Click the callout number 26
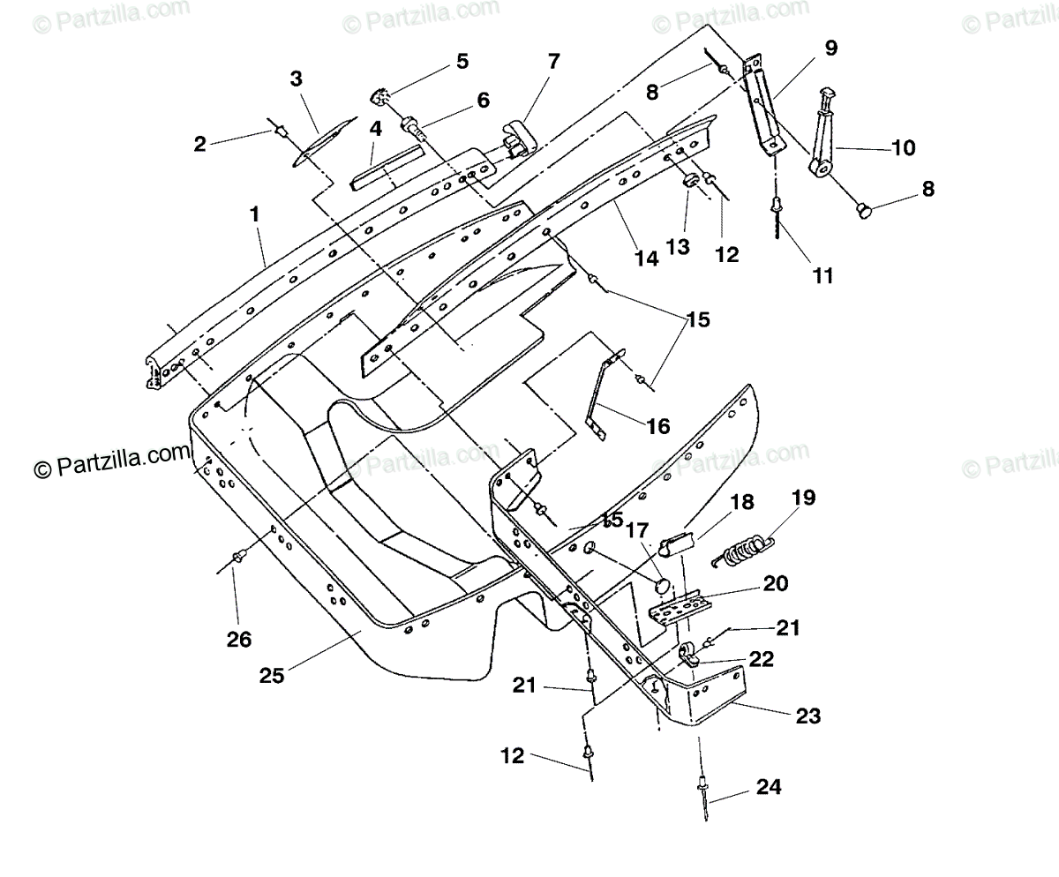239,640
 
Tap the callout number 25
272,676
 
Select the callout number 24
769,787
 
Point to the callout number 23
808,716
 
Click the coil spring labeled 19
744,551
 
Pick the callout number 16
658,426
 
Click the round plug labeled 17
663,588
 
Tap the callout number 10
904,148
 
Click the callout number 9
831,49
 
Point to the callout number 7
554,62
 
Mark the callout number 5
462,62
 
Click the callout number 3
297,79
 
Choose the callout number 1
255,214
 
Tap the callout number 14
647,259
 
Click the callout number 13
678,247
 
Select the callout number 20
776,583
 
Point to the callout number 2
199,144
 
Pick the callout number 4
375,129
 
